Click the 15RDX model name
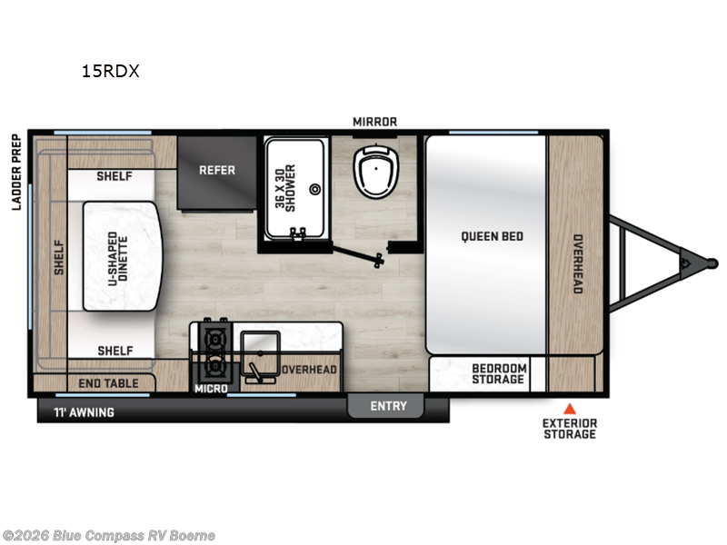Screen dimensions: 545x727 tap(110, 72)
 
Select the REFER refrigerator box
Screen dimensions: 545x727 tap(217, 170)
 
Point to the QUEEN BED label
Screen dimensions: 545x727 tap(492, 236)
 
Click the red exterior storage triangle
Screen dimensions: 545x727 tap(570, 408)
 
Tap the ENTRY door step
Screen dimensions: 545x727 tap(388, 406)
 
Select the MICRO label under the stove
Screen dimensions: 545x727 tap(210, 389)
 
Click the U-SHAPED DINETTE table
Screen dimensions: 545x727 tap(122, 256)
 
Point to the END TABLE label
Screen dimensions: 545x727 tap(108, 384)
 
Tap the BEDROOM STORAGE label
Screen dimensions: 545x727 tap(498, 373)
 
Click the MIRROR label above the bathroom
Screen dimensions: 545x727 tap(374, 122)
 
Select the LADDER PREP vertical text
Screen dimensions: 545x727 tap(16, 173)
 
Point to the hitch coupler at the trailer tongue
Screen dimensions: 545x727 tap(702, 263)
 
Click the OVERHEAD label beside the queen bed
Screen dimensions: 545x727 tap(576, 263)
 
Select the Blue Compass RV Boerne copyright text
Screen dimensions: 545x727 tap(108, 535)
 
